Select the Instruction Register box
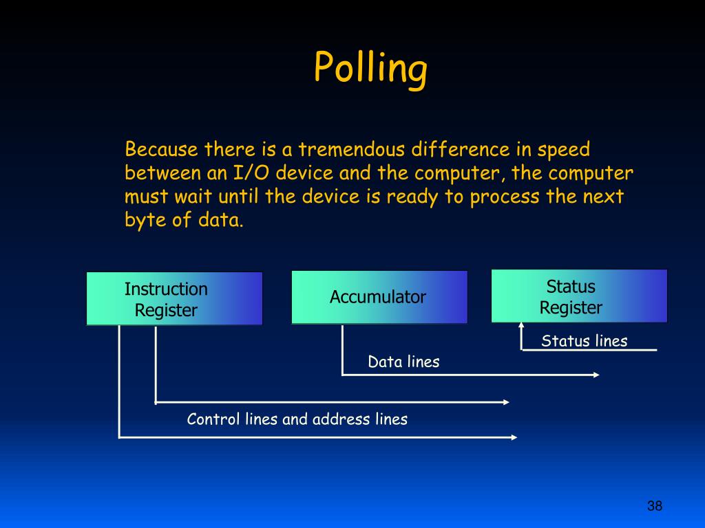pos(174,298)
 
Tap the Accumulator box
pos(379,297)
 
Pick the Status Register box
pos(579,296)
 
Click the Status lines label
pos(584,341)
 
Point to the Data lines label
pos(403,362)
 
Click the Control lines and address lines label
pos(297,419)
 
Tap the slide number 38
pos(654,507)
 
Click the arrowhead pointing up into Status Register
pos(520,326)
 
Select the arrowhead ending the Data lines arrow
pos(596,375)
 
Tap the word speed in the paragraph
pos(563,149)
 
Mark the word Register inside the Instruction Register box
pos(165,310)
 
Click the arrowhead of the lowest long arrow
pos(514,437)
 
